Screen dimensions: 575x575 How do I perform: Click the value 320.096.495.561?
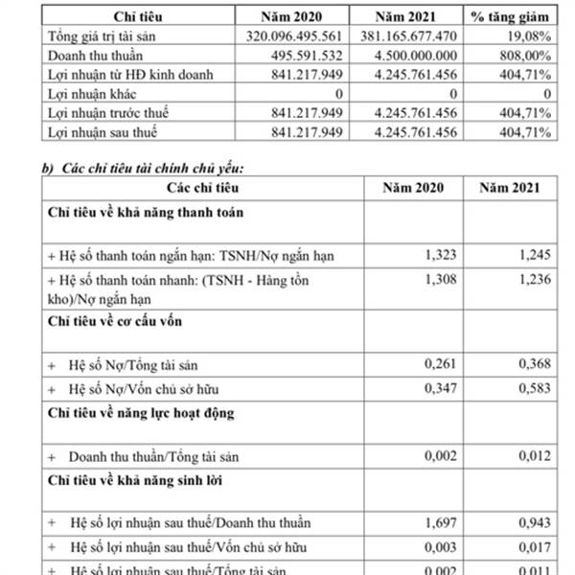click(288, 36)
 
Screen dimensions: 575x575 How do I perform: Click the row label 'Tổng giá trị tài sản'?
click(104, 36)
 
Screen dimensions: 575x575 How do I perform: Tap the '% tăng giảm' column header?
click(513, 16)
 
